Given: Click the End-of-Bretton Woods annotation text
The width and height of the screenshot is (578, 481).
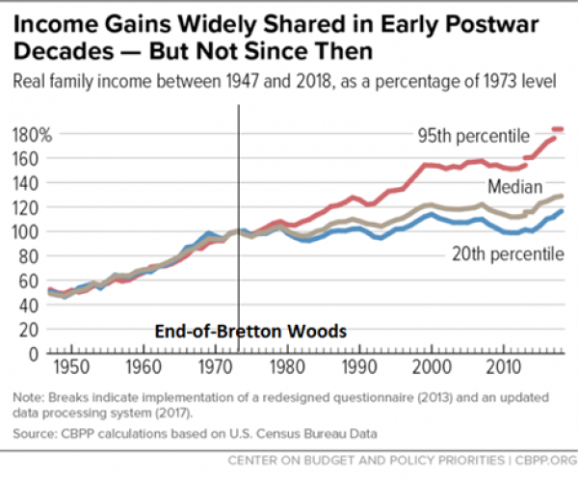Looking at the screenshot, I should (250, 331).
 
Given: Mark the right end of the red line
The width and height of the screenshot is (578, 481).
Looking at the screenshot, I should (562, 129).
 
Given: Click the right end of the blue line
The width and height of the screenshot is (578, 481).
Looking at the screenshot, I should (561, 211).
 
